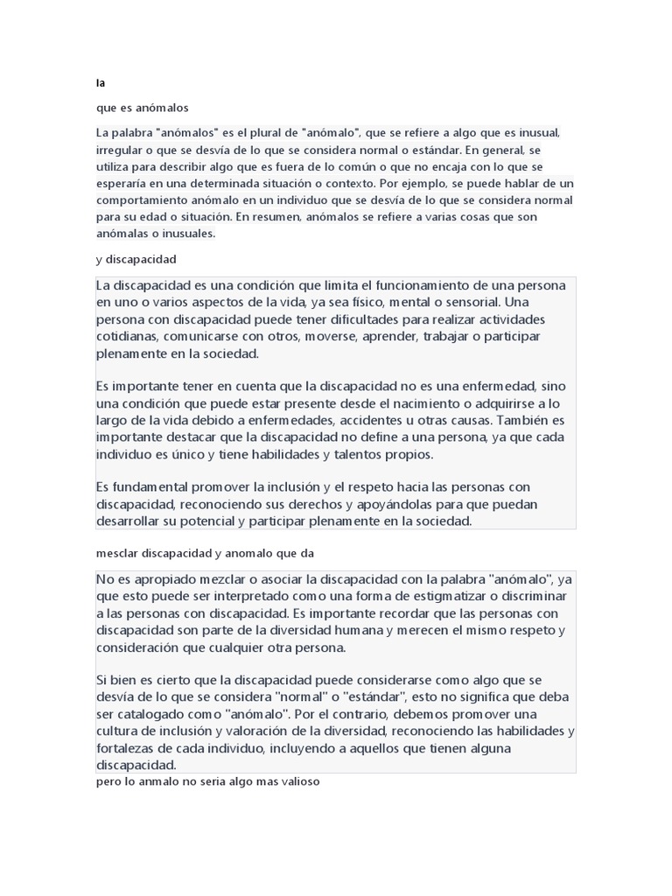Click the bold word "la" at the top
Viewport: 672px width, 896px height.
[x=101, y=84]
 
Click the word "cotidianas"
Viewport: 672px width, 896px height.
[x=127, y=337]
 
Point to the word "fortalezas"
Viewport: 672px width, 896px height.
[x=130, y=750]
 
